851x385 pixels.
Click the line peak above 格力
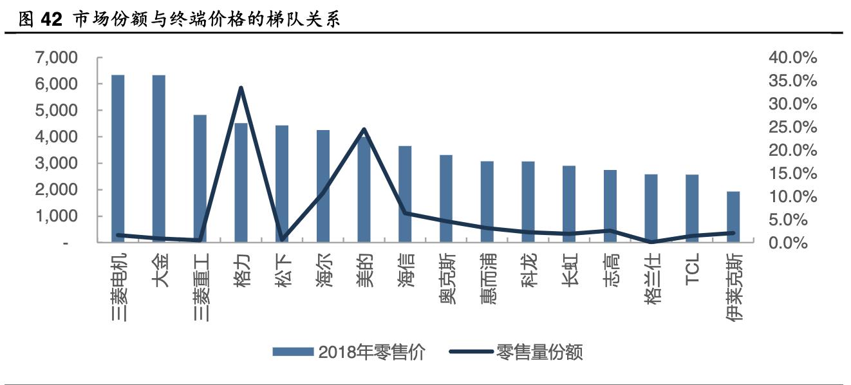coord(241,88)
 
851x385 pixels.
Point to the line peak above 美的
coord(364,129)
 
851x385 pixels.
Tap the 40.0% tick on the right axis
coord(792,58)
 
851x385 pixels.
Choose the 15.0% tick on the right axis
coord(792,173)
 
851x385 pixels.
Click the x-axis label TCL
coord(692,271)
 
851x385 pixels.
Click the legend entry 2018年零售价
coord(348,352)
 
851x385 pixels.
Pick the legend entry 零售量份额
coord(515,352)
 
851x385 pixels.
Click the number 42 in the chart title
coord(51,20)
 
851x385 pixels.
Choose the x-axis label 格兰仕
coord(651,279)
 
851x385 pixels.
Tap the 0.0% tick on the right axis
coord(792,243)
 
